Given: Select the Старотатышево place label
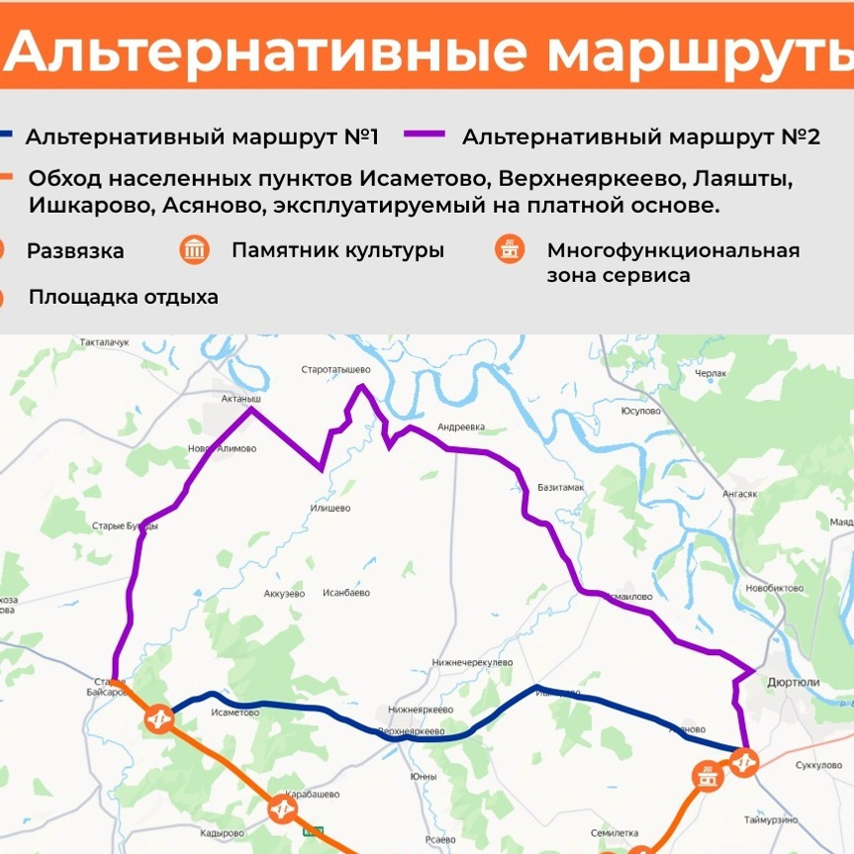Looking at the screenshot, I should pyautogui.click(x=335, y=369).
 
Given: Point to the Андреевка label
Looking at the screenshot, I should pyautogui.click(x=461, y=427).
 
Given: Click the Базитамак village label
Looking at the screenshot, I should pyautogui.click(x=561, y=488).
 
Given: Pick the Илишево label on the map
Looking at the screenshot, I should pyautogui.click(x=331, y=508).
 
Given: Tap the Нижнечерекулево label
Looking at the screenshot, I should pyautogui.click(x=472, y=662).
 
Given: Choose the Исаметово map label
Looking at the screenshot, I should pyautogui.click(x=235, y=712).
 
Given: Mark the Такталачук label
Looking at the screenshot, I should pyautogui.click(x=105, y=342).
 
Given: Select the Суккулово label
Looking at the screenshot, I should pyautogui.click(x=818, y=765).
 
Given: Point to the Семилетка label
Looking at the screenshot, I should pyautogui.click(x=614, y=832).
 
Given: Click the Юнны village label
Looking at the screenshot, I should pyautogui.click(x=423, y=776).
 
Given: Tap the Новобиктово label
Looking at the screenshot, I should pyautogui.click(x=777, y=588).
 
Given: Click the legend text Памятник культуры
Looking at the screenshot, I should pyautogui.click(x=337, y=249).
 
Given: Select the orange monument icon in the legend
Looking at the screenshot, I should pyautogui.click(x=195, y=249).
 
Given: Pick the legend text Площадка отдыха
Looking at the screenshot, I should pyautogui.click(x=124, y=297).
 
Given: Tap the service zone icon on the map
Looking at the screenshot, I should pyautogui.click(x=706, y=775).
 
